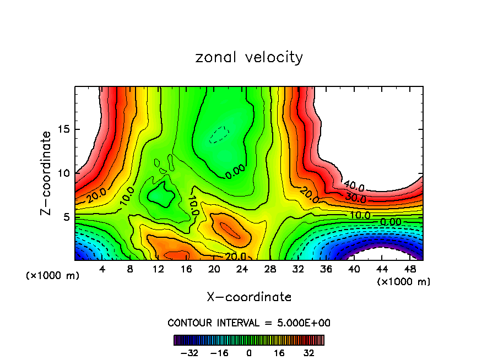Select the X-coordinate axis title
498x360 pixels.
(249, 297)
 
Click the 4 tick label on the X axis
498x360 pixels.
(102, 270)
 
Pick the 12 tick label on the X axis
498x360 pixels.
(158, 270)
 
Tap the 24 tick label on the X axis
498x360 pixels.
(242, 270)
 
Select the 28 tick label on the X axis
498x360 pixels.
(269, 270)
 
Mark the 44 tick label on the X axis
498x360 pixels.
(381, 270)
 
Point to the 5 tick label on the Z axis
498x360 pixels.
(64, 217)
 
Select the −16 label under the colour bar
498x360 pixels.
(220, 353)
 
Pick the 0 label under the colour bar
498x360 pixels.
(249, 353)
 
